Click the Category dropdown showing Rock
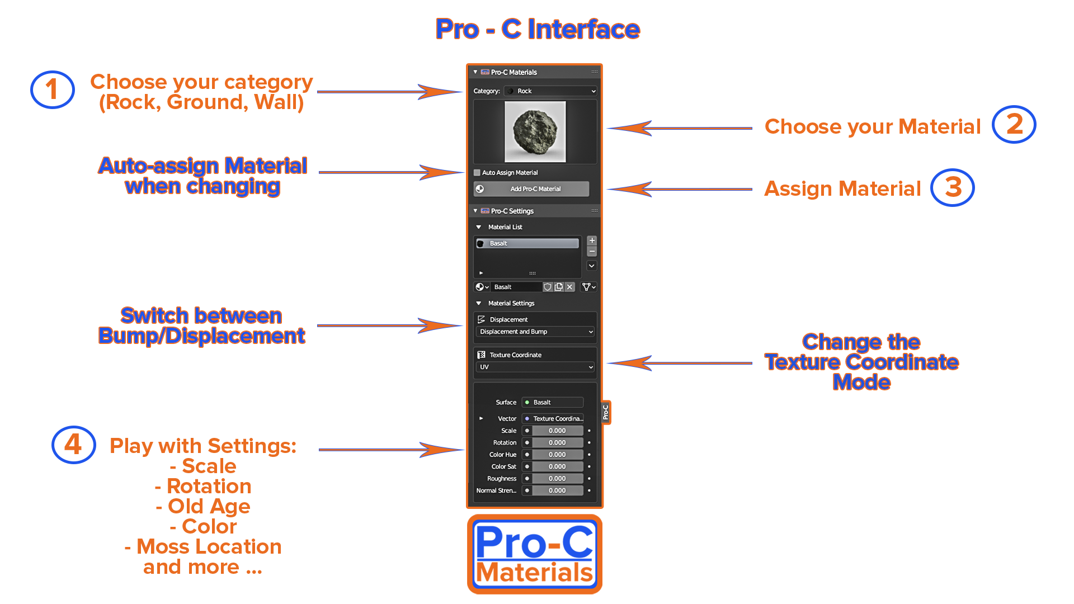click(x=550, y=91)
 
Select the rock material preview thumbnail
click(x=535, y=132)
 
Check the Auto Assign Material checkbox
click(x=477, y=173)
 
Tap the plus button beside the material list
click(x=592, y=240)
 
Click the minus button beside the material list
click(x=592, y=251)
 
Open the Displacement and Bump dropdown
click(x=535, y=332)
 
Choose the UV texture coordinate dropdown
click(x=535, y=367)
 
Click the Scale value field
click(x=557, y=431)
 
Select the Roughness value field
click(x=557, y=479)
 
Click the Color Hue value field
click(x=557, y=455)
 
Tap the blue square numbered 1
click(x=53, y=89)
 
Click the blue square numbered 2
click(x=1014, y=124)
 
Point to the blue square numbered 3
click(x=952, y=187)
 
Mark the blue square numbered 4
click(x=73, y=445)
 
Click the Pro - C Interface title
click(x=538, y=29)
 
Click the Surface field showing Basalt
click(x=553, y=403)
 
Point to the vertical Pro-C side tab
click(x=605, y=413)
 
